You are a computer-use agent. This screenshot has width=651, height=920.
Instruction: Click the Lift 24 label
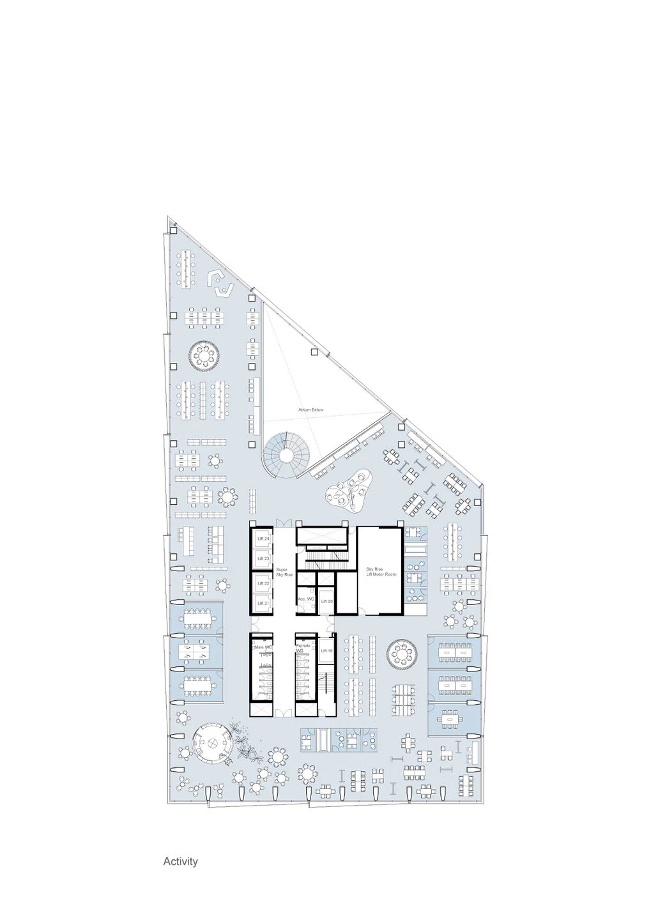263,539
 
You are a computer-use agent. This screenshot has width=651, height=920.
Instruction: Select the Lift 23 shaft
263,558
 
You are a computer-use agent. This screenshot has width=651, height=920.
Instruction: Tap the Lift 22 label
263,583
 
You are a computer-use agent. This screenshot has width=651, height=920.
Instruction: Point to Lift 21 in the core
263,603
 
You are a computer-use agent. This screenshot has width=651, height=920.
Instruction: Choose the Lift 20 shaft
326,601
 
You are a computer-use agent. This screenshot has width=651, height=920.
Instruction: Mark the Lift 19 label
326,650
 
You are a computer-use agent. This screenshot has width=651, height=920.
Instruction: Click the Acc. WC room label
306,599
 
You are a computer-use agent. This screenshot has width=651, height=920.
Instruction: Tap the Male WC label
263,647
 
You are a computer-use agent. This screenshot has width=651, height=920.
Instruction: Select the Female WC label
303,647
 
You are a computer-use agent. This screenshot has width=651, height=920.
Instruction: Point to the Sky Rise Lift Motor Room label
381,572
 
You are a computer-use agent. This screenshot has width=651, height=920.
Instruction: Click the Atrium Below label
311,410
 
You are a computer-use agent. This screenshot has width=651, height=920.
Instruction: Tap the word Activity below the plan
180,861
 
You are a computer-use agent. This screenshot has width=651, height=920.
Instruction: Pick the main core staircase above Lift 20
326,562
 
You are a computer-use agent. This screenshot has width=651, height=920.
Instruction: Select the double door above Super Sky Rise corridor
284,525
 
